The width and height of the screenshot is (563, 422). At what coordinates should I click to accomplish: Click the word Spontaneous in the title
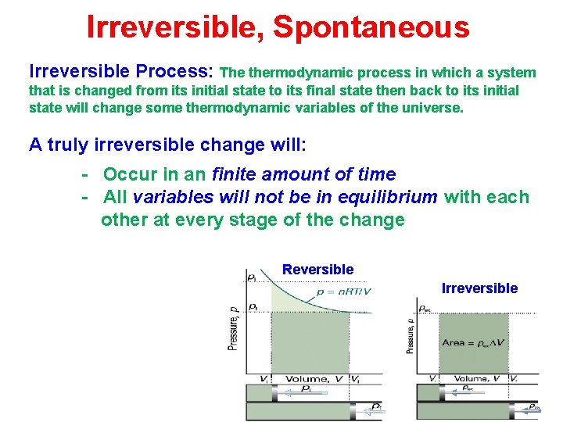pyautogui.click(x=371, y=28)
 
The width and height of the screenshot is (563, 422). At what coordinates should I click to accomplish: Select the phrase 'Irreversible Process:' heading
pyautogui.click(x=121, y=72)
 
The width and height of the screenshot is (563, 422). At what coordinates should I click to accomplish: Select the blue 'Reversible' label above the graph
pyautogui.click(x=317, y=270)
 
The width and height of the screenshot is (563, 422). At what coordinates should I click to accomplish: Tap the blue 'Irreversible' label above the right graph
pyautogui.click(x=479, y=288)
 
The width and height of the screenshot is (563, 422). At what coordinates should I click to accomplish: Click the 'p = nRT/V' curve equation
pyautogui.click(x=343, y=291)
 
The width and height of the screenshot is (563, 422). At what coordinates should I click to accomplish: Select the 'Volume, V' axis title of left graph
pyautogui.click(x=313, y=379)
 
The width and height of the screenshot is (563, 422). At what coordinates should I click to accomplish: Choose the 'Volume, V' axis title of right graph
pyautogui.click(x=476, y=378)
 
